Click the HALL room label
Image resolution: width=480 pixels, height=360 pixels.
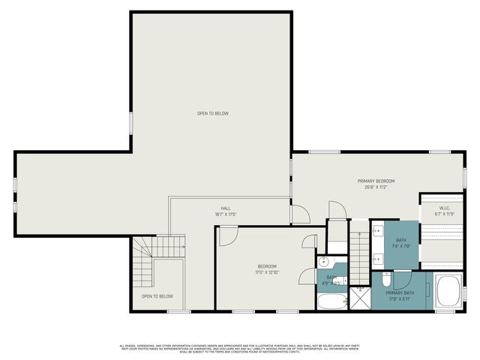[x=225, y=208]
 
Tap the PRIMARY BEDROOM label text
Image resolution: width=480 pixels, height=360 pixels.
[x=376, y=181]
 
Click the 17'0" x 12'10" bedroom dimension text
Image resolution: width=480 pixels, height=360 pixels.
[x=268, y=272]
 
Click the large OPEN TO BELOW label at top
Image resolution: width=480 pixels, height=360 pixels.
[x=212, y=113]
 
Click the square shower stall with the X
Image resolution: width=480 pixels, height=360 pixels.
[x=361, y=300]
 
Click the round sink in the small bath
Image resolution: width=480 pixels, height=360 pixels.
[x=324, y=262]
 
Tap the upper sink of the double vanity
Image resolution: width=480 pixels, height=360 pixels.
[x=377, y=230]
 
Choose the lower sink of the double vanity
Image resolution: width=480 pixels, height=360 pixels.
[x=377, y=258]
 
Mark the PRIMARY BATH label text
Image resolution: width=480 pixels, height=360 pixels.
[x=400, y=292]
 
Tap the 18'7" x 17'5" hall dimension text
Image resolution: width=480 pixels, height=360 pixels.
[x=225, y=214]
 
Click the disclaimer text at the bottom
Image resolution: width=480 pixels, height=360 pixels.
[x=240, y=347]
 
